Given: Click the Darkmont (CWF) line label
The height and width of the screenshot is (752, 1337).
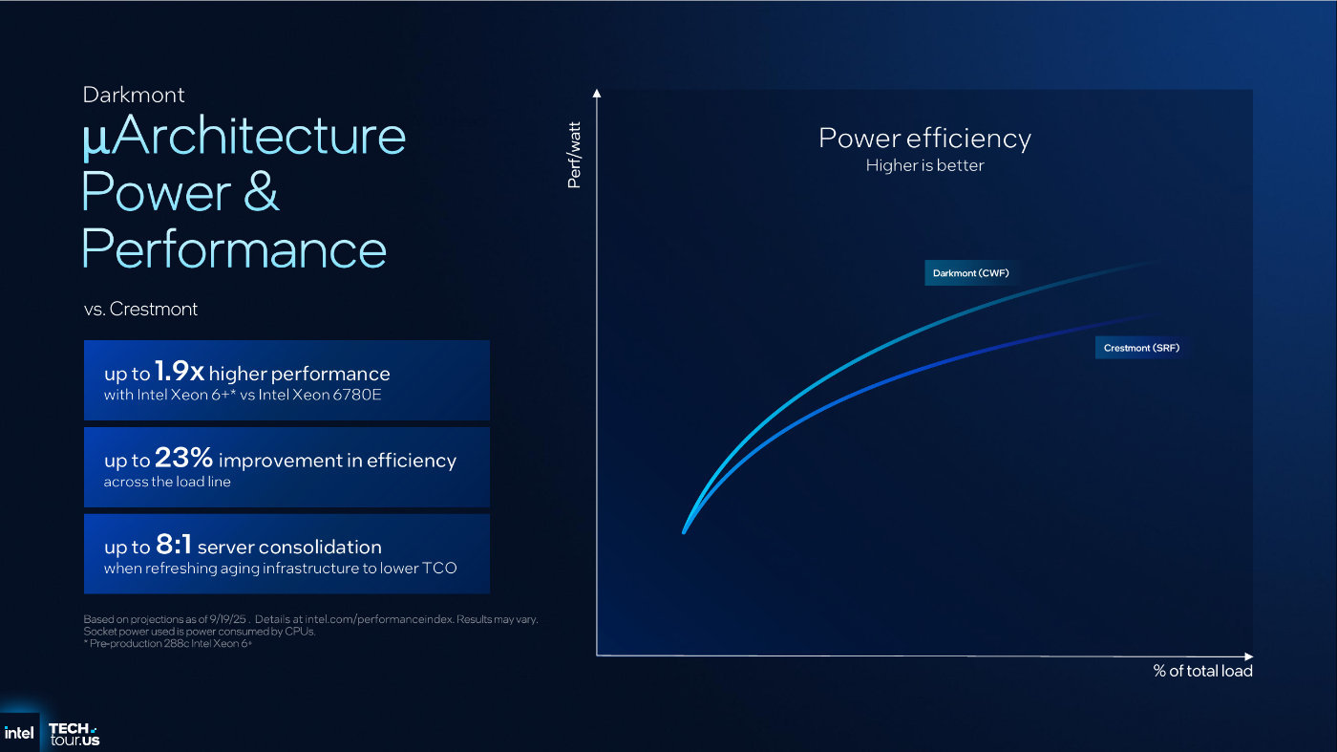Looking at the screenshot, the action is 970,273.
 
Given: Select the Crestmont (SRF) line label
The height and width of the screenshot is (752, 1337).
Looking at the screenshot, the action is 1141,348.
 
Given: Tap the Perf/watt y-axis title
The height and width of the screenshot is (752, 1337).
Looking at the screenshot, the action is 574,156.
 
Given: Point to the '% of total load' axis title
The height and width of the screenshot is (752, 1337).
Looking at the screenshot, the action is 1202,671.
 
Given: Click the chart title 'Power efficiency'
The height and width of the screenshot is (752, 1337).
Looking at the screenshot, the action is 924,138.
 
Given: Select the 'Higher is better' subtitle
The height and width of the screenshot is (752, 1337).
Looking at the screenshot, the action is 924,165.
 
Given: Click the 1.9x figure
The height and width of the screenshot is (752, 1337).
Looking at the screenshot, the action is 180,371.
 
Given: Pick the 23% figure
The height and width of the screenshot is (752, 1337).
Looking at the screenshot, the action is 183,458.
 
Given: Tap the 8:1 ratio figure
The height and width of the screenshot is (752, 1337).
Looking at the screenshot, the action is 174,544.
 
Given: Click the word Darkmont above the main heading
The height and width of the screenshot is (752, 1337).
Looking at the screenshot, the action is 134,95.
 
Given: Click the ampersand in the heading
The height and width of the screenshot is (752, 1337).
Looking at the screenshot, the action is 261,191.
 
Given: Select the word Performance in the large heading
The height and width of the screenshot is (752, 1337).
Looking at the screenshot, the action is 234,248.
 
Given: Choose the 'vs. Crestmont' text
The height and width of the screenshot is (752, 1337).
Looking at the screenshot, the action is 140,309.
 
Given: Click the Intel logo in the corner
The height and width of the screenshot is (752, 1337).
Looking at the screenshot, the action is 19,732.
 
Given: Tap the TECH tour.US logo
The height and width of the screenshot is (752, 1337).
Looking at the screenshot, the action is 74,734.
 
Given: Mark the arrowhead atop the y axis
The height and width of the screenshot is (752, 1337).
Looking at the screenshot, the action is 596,94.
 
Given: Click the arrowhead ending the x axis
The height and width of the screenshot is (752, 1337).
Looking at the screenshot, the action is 1249,655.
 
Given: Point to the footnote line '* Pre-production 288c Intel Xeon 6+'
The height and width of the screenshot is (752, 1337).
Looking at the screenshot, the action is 168,643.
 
